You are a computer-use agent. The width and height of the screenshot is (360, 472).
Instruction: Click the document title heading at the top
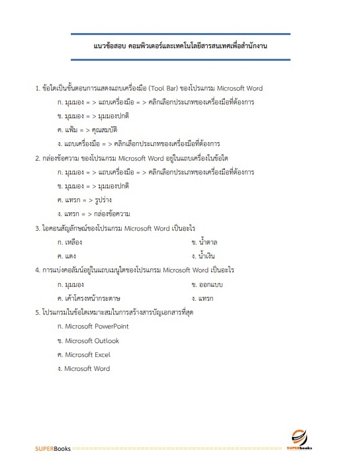pyautogui.click(x=180, y=47)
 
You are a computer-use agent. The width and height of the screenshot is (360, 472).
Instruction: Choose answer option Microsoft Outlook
pyautogui.click(x=91, y=341)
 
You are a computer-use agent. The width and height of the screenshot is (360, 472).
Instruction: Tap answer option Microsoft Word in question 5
pyautogui.click(x=87, y=369)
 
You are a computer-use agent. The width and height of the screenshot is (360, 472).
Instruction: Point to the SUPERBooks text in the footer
pyautogui.click(x=53, y=449)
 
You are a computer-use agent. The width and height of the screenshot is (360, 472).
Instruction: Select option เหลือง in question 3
pyautogui.click(x=72, y=243)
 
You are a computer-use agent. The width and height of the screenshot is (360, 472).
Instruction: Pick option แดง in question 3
pyautogui.click(x=69, y=256)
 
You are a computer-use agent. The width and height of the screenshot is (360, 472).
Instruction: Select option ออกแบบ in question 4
pyautogui.click(x=210, y=285)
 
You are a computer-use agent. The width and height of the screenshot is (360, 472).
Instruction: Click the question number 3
pyautogui.click(x=37, y=229)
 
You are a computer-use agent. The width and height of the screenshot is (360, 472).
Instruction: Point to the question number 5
pyautogui.click(x=37, y=313)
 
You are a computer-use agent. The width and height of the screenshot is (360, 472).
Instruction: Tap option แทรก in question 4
pyautogui.click(x=205, y=299)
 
